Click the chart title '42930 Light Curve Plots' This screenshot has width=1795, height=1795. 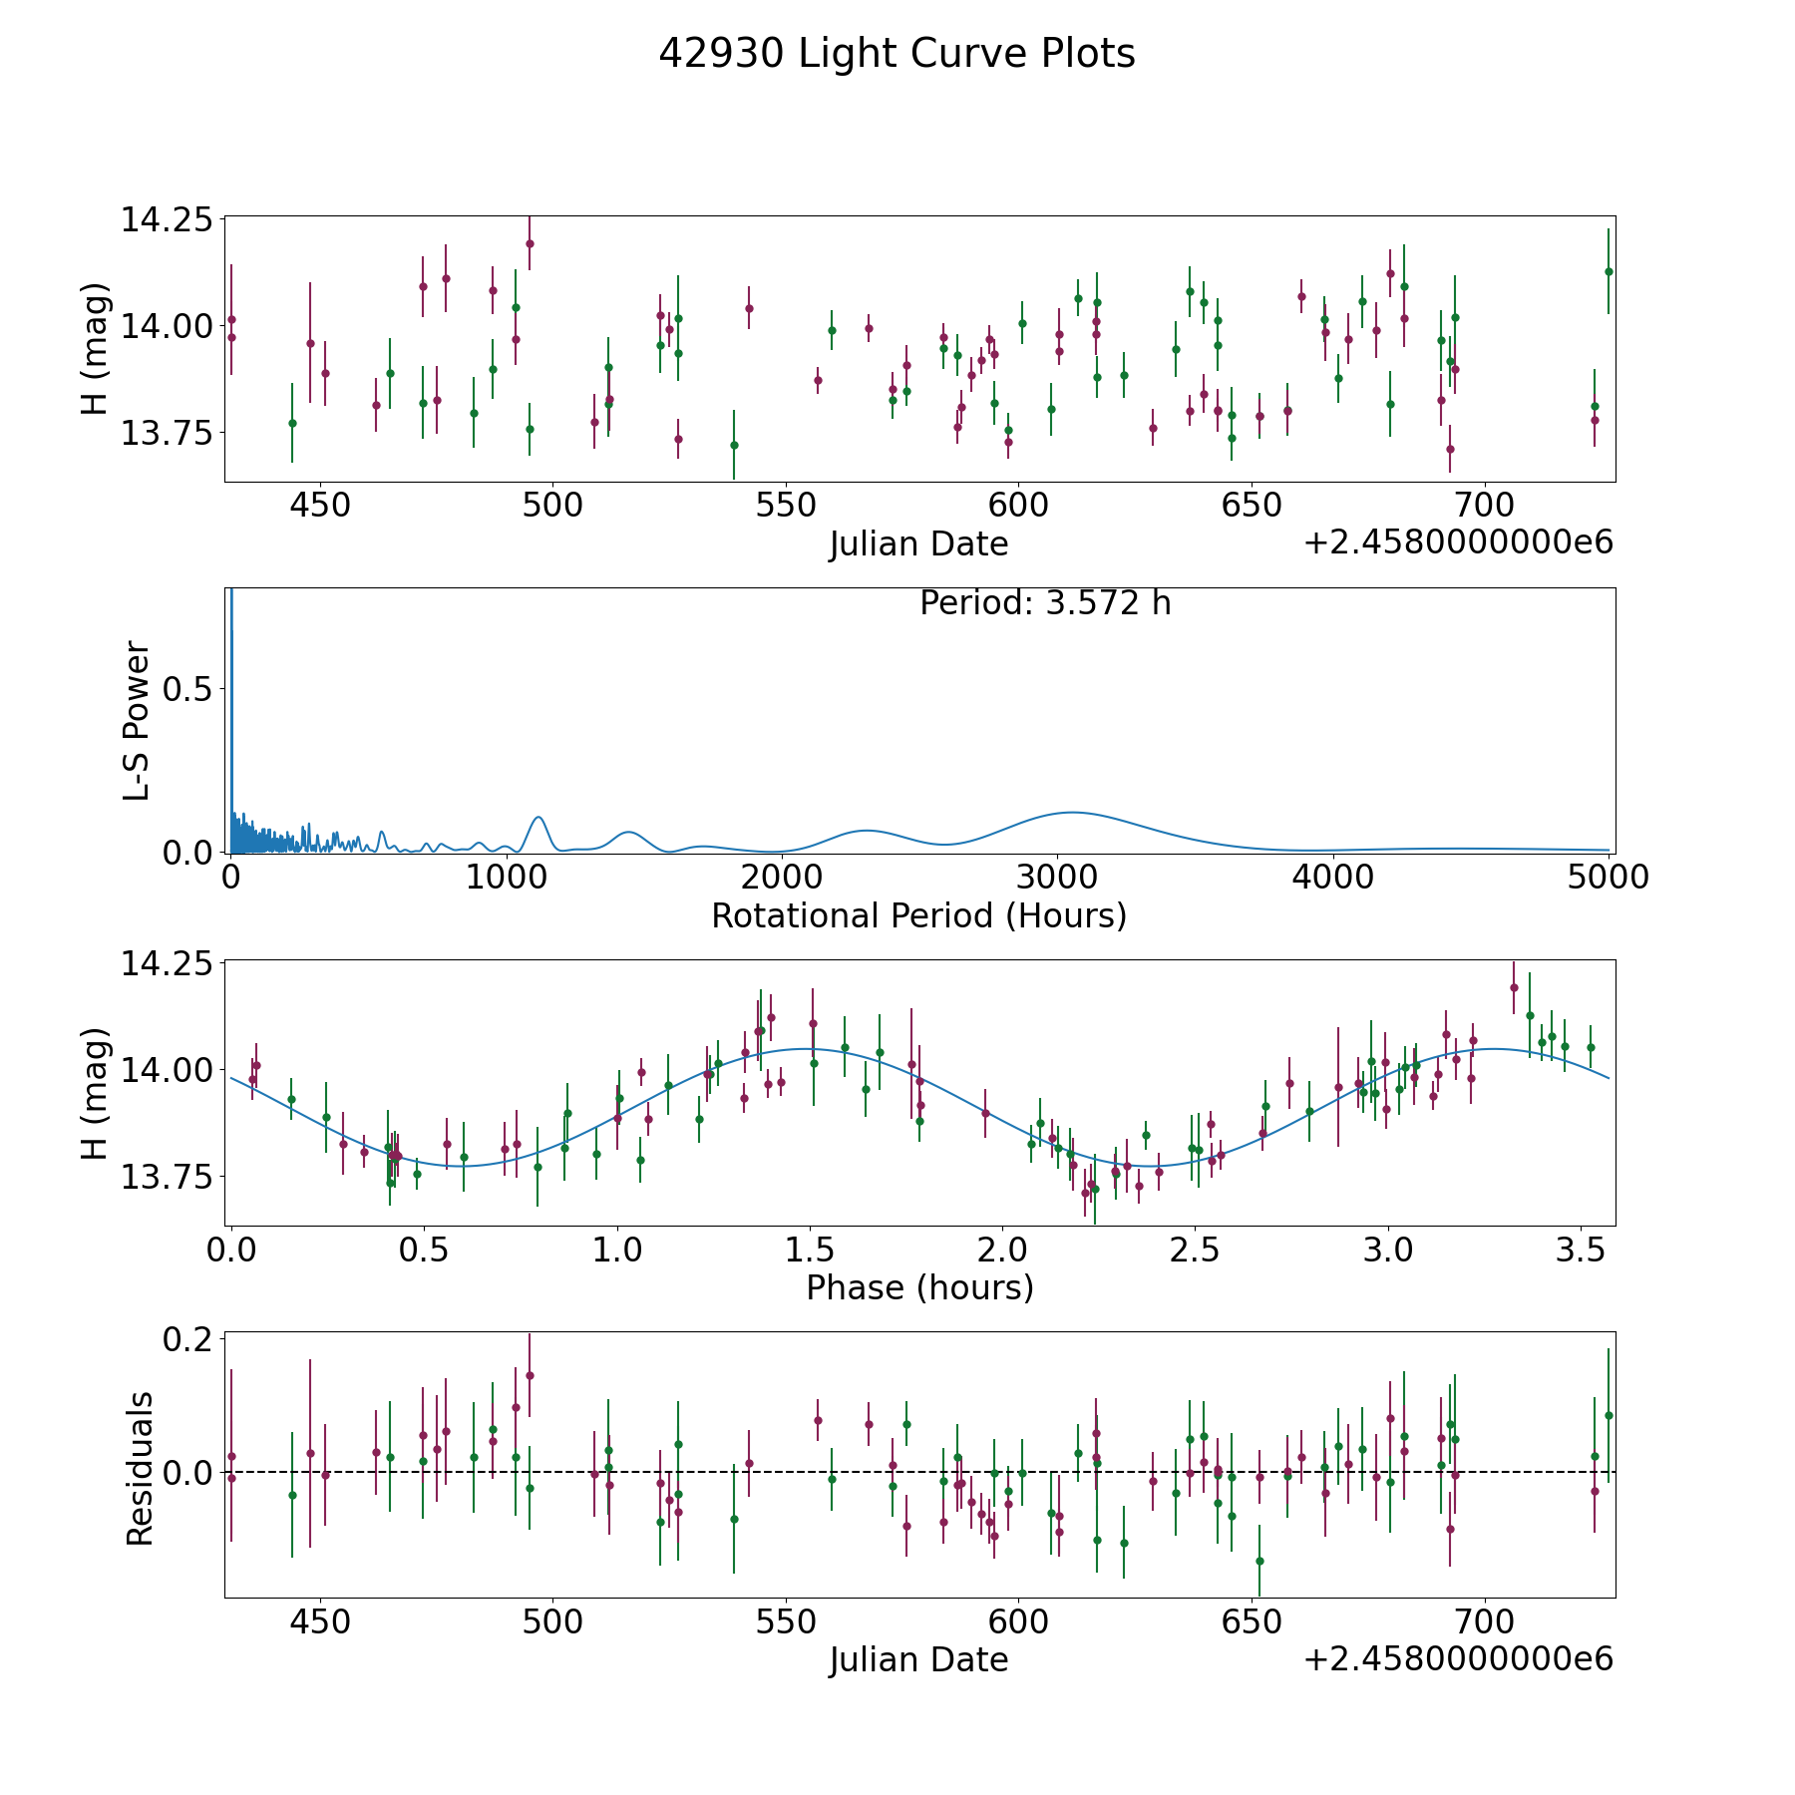pyautogui.click(x=897, y=54)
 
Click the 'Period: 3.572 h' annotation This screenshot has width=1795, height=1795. pyautogui.click(x=1045, y=603)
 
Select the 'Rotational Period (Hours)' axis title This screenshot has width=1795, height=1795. pyautogui.click(x=918, y=915)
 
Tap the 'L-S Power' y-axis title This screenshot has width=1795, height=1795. pyautogui.click(x=137, y=720)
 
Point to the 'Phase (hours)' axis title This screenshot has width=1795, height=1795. pyautogui.click(x=919, y=1287)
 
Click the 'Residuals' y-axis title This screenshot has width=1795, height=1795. pyautogui.click(x=140, y=1468)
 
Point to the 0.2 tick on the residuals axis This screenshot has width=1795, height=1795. pyautogui.click(x=188, y=1338)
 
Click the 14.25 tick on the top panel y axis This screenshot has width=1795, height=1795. pyautogui.click(x=167, y=219)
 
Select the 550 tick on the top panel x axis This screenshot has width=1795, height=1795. pyautogui.click(x=785, y=505)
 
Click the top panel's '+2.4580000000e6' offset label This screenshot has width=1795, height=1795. pyautogui.click(x=1458, y=542)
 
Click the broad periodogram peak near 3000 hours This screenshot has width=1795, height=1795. pyautogui.click(x=1071, y=813)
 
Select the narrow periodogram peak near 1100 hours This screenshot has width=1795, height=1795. pyautogui.click(x=538, y=818)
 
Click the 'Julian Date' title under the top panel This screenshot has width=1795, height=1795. pyautogui.click(x=918, y=544)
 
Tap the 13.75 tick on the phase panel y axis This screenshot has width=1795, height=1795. pyautogui.click(x=167, y=1177)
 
